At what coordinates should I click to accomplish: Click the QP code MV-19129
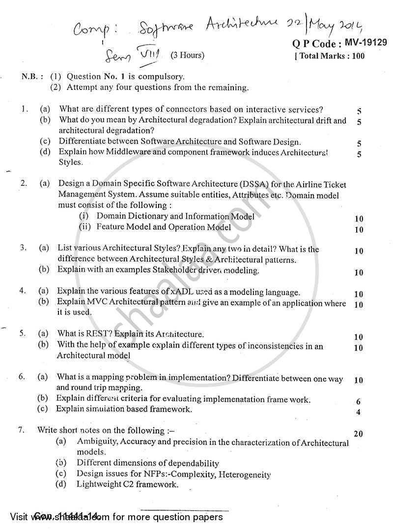click(365, 43)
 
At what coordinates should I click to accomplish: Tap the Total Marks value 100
click(358, 56)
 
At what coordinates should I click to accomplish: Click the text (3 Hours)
click(187, 56)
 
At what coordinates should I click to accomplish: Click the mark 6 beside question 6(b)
click(359, 402)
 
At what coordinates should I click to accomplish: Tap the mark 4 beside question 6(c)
click(359, 412)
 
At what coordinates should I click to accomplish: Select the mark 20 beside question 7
click(359, 434)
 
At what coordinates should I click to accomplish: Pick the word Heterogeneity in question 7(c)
click(246, 474)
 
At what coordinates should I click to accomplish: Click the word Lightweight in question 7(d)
click(99, 485)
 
